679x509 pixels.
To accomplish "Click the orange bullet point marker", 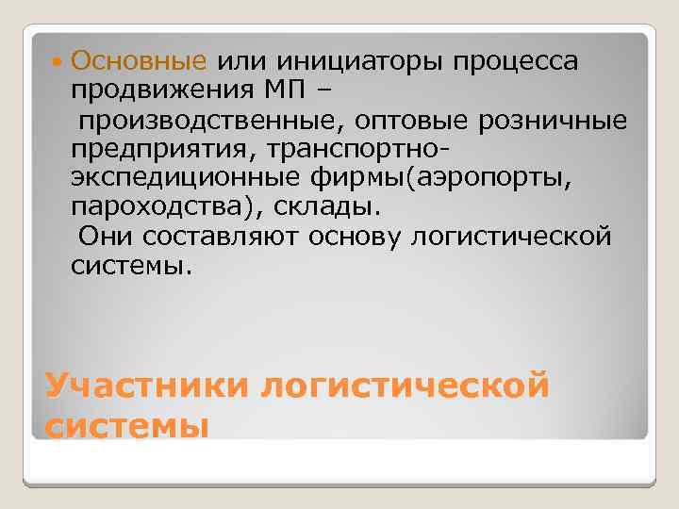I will [58, 63].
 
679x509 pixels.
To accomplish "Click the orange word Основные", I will [139, 62].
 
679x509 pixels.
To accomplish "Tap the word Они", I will [104, 236].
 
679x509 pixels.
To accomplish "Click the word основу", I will [359, 236].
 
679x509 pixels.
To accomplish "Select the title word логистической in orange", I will [406, 386].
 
